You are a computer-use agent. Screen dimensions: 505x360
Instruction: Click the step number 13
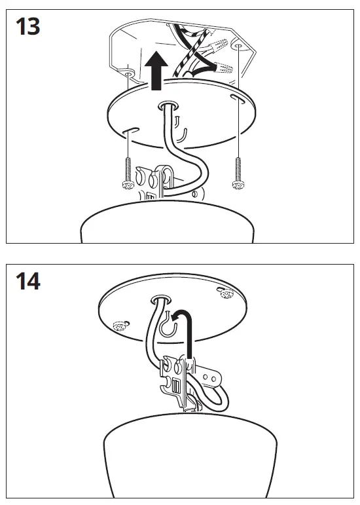coord(27,27)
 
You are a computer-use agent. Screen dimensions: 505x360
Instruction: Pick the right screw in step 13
coord(238,172)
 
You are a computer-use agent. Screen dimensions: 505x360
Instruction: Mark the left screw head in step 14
coord(119,325)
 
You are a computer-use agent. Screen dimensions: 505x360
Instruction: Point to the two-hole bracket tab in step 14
coord(209,377)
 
